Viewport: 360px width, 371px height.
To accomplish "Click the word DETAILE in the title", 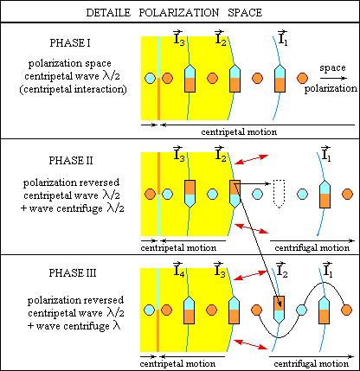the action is tap(108, 13).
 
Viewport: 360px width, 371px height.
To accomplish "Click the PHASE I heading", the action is tap(70, 43).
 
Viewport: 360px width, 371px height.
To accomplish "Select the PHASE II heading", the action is tap(71, 160).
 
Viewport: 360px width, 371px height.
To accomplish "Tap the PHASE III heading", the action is tap(73, 272).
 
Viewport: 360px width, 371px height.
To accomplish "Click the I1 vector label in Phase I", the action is tap(282, 37).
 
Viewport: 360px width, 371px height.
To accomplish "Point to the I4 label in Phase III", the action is tap(179, 269).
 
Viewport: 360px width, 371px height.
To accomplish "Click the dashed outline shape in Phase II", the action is tap(279, 194).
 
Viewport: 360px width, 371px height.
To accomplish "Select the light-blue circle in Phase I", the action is tap(150, 78).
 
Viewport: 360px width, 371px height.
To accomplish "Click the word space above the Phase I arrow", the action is tap(332, 68).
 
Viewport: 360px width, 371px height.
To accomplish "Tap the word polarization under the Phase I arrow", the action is tap(331, 88).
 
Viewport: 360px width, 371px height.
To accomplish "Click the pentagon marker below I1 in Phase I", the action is tap(280, 78).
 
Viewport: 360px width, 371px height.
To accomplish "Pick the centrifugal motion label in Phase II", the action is tap(312, 248).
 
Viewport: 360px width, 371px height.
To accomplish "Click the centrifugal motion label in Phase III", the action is tap(312, 364).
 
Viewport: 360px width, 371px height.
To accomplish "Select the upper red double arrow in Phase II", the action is tap(252, 160).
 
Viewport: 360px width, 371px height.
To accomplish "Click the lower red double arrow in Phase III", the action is tap(250, 345).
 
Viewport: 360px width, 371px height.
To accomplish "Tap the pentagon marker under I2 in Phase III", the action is tap(279, 310).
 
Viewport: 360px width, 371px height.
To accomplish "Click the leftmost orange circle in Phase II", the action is tap(150, 194).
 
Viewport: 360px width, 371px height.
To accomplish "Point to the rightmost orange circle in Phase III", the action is tap(346, 310).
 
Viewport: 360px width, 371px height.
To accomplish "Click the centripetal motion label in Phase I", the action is tap(239, 132).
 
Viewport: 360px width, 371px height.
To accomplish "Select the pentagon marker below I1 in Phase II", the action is tap(325, 194).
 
